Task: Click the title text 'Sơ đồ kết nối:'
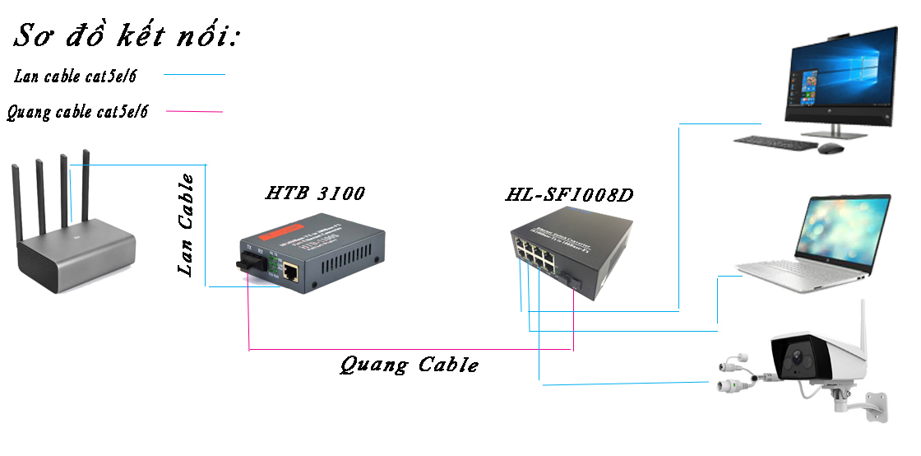[125, 37]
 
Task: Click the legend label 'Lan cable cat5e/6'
[76, 77]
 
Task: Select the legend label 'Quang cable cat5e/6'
[78, 112]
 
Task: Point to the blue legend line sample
[194, 75]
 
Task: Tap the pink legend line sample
[194, 110]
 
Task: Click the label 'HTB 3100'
[315, 193]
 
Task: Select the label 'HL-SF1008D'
[569, 196]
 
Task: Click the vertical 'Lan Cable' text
[187, 224]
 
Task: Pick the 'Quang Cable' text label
[409, 365]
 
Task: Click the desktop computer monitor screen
[838, 74]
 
